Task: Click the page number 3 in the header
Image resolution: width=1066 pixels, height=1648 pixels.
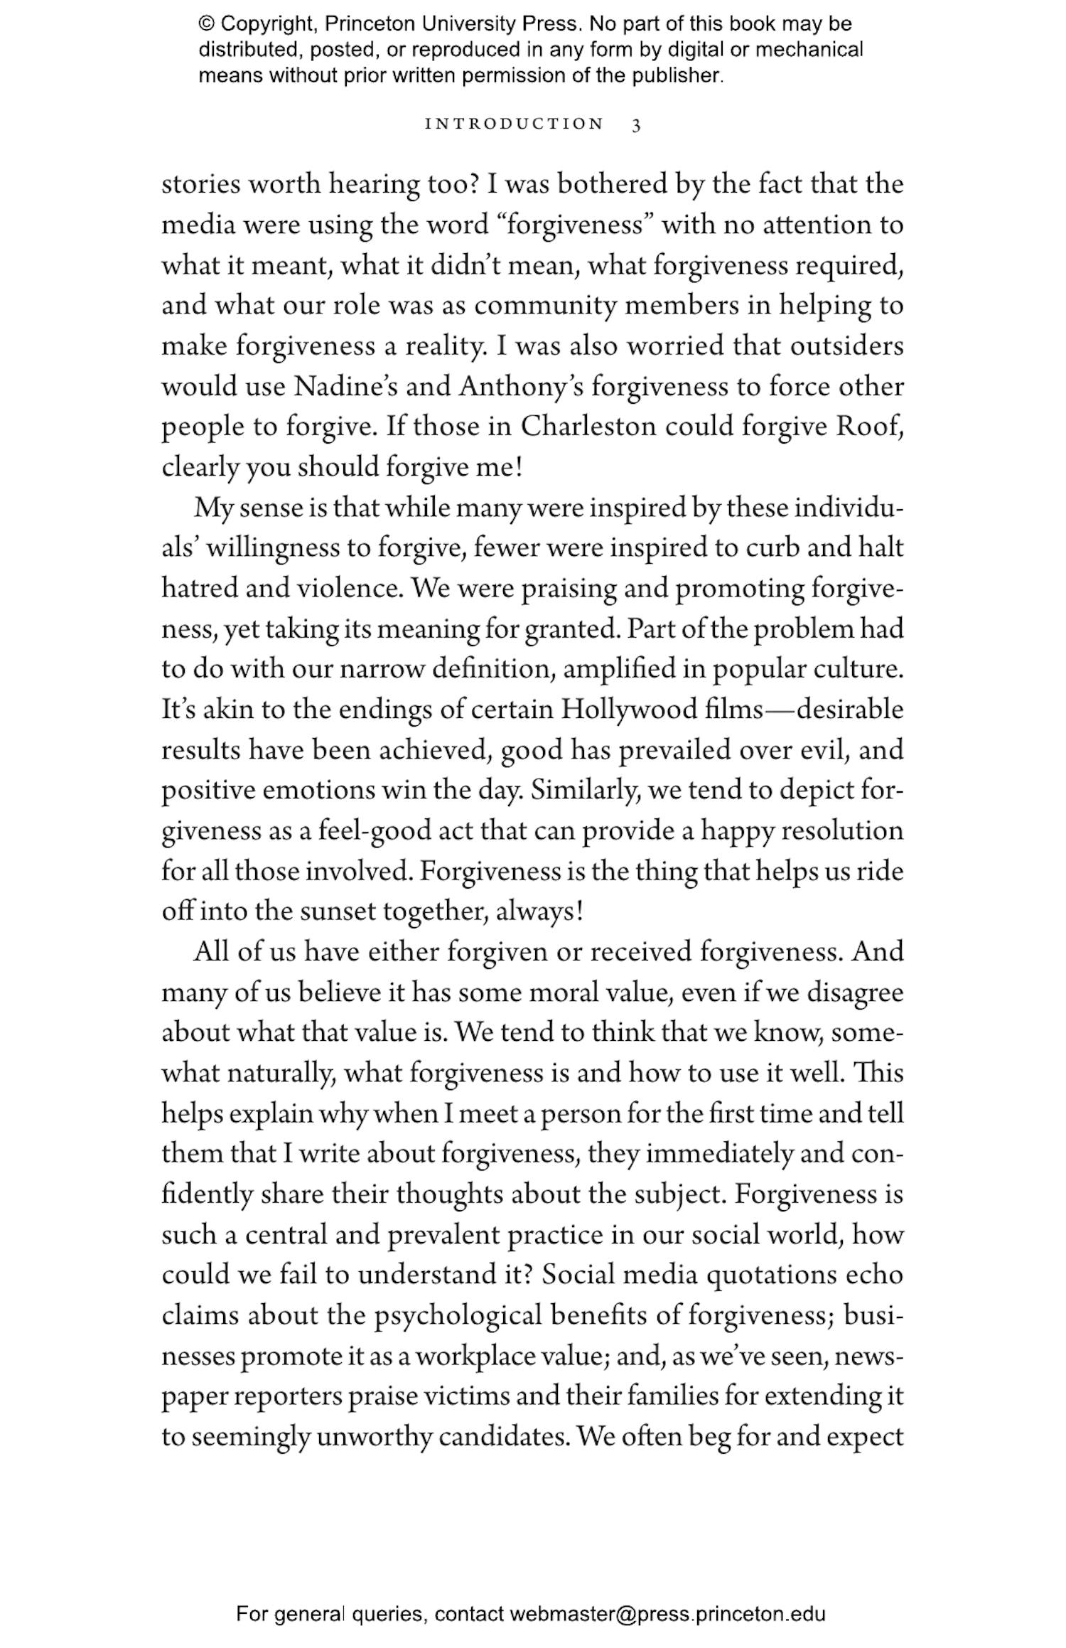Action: coord(636,125)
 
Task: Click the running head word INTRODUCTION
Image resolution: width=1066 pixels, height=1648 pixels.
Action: coord(514,124)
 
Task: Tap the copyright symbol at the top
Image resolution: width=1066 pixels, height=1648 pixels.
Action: coord(206,24)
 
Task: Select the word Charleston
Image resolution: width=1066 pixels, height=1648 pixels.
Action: coord(588,427)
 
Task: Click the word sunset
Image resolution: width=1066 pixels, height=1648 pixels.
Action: coord(338,912)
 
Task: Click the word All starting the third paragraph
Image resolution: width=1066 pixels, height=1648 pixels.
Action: coord(211,952)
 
